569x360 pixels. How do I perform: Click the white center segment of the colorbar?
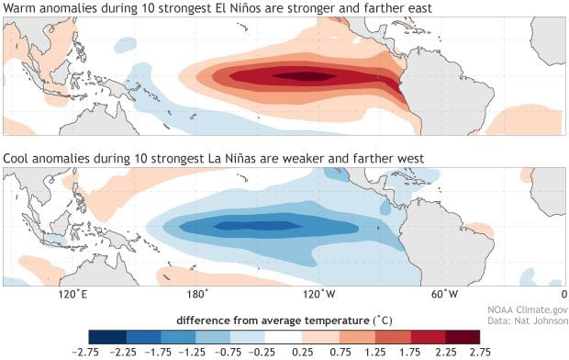click(284, 334)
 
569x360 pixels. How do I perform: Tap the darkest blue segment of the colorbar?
click(103, 334)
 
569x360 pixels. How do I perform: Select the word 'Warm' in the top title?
click(20, 9)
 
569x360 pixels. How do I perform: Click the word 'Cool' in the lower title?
click(18, 159)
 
